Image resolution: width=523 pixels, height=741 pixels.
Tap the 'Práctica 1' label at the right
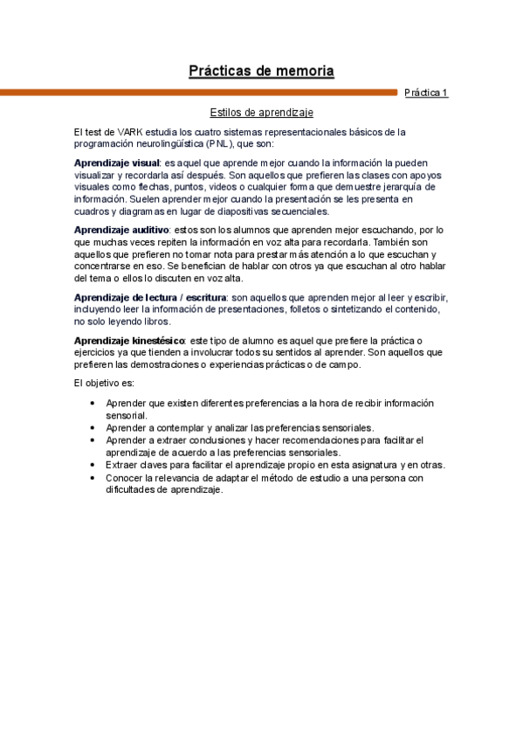426,92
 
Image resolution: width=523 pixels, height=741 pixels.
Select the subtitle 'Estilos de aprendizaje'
261,113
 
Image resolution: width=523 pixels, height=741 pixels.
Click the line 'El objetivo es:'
105,383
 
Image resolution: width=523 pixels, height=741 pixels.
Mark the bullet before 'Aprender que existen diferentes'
93,404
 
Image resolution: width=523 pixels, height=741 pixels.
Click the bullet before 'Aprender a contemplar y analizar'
93,428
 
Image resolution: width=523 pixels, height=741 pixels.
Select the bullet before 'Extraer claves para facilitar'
93,466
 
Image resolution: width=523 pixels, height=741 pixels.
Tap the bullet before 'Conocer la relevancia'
93,479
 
